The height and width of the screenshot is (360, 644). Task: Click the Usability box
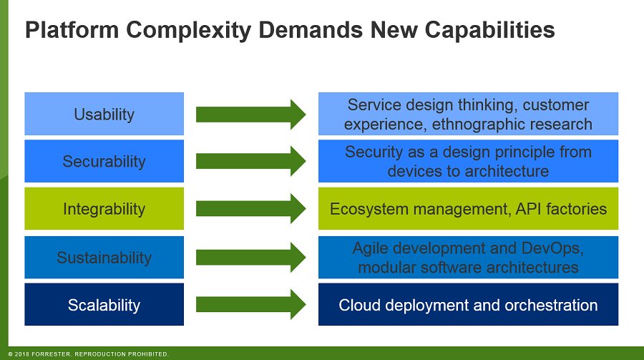[x=104, y=114]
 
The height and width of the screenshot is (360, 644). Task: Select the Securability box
[x=104, y=161]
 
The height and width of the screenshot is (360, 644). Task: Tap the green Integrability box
[x=104, y=209]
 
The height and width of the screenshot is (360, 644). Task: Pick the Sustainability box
[x=104, y=257]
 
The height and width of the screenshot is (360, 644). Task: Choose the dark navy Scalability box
[x=104, y=305]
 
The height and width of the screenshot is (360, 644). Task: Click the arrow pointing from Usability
[x=250, y=114]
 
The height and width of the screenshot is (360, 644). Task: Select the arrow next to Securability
[x=250, y=161]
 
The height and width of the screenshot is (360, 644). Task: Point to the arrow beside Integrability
[x=250, y=209]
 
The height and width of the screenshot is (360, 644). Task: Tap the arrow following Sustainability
[x=250, y=257]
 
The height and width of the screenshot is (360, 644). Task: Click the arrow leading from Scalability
[x=250, y=305]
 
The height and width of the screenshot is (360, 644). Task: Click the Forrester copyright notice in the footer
[x=88, y=354]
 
